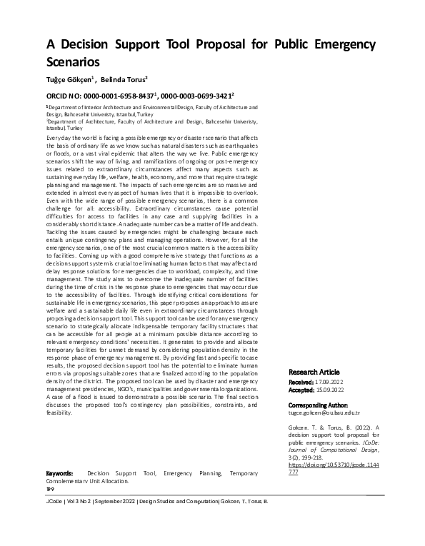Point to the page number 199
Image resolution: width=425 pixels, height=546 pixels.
click(50, 490)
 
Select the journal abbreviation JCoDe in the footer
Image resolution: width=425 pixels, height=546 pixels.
click(54, 502)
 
